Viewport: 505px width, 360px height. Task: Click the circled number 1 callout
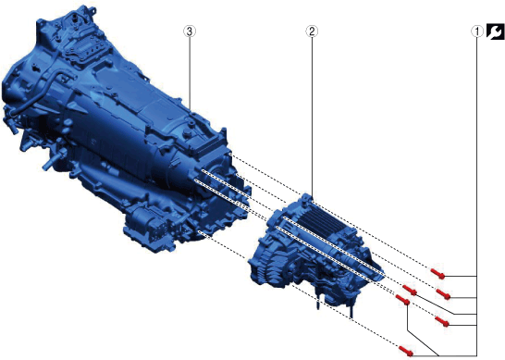tap(477, 31)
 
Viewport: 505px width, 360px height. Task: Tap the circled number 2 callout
tap(312, 31)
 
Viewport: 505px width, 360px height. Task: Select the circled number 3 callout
tap(190, 31)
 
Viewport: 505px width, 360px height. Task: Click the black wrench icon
tap(496, 31)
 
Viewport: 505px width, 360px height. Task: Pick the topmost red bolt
tap(438, 273)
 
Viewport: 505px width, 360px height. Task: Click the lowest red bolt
tap(406, 351)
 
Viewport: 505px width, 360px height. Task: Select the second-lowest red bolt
tap(442, 321)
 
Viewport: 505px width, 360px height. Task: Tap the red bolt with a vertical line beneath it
tap(402, 300)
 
